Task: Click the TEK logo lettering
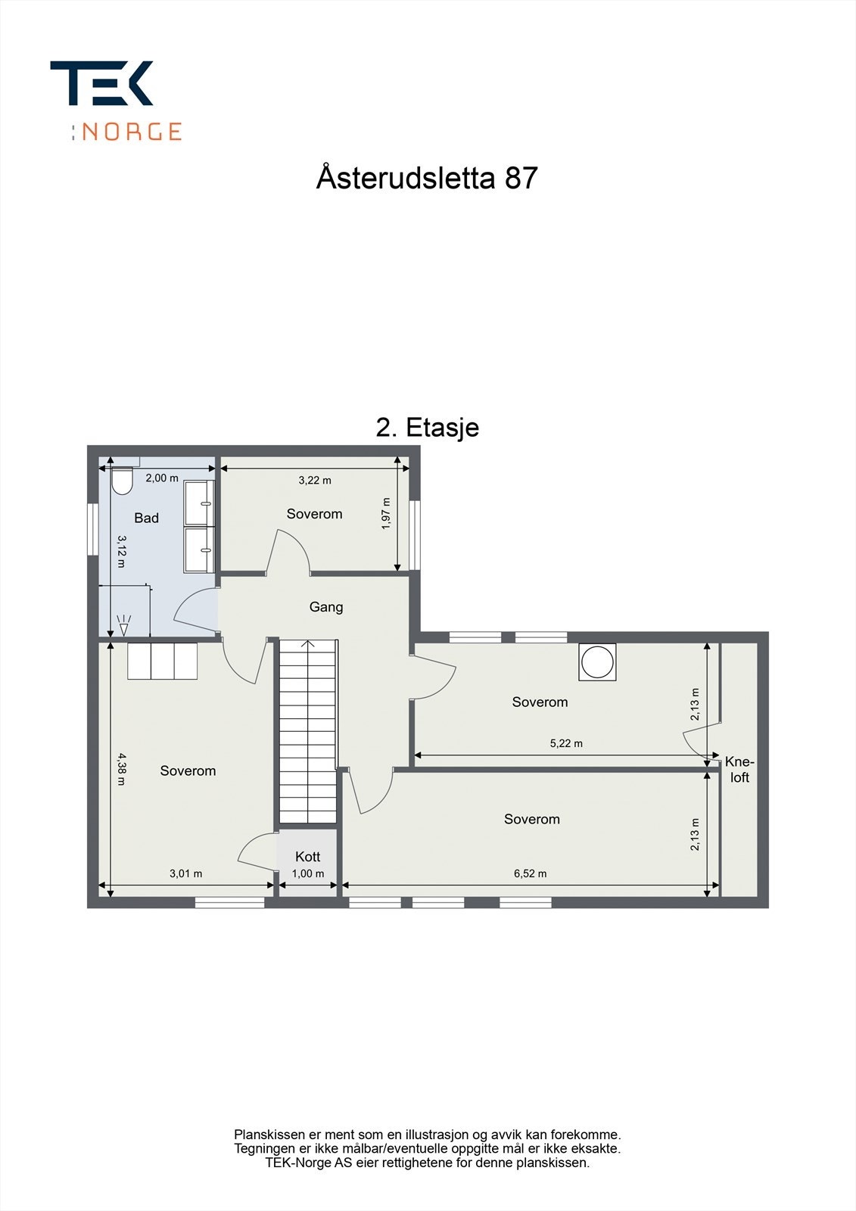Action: click(x=101, y=82)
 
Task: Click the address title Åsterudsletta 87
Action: click(x=427, y=178)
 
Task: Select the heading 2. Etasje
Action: click(x=428, y=428)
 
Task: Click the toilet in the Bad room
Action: click(x=122, y=481)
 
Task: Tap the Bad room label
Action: click(x=146, y=518)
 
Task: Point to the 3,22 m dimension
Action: click(x=315, y=480)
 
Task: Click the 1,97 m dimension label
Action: click(x=386, y=513)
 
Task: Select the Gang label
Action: click(x=326, y=607)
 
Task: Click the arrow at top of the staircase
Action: click(x=308, y=645)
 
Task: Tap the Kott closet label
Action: click(x=308, y=856)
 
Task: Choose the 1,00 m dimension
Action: click(x=308, y=873)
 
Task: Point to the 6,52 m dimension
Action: click(x=530, y=873)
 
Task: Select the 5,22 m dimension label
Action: click(x=566, y=743)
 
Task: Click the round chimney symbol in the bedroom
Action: click(x=597, y=662)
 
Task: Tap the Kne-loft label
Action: click(x=739, y=769)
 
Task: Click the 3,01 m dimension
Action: click(x=185, y=873)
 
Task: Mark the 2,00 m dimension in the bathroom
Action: click(x=162, y=478)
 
